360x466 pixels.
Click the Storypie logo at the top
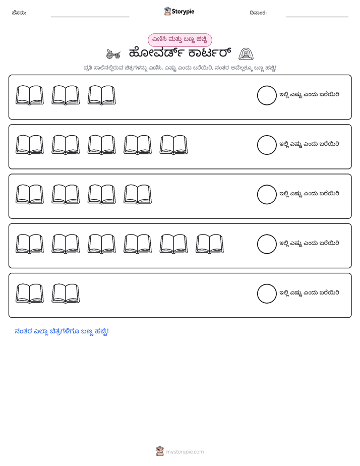(179, 11)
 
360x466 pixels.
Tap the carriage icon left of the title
(113, 54)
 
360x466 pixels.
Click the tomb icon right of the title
(246, 54)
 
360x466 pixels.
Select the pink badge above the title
(179, 40)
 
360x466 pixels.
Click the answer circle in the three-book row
(267, 95)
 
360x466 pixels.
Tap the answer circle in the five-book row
(267, 145)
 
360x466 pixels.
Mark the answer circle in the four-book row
(267, 195)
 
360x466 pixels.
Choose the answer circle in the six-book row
(267, 244)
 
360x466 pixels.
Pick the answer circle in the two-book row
(267, 294)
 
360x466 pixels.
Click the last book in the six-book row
(210, 244)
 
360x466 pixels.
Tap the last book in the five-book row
(174, 145)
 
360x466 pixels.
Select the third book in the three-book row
(101, 95)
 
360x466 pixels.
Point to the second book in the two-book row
(66, 294)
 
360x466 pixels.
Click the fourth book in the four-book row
(138, 195)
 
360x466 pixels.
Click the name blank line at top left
(90, 17)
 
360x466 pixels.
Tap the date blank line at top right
(317, 17)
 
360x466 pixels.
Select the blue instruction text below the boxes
(62, 331)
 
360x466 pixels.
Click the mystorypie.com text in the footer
(185, 452)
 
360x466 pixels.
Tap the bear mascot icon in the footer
(160, 451)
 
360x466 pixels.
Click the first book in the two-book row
(30, 294)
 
